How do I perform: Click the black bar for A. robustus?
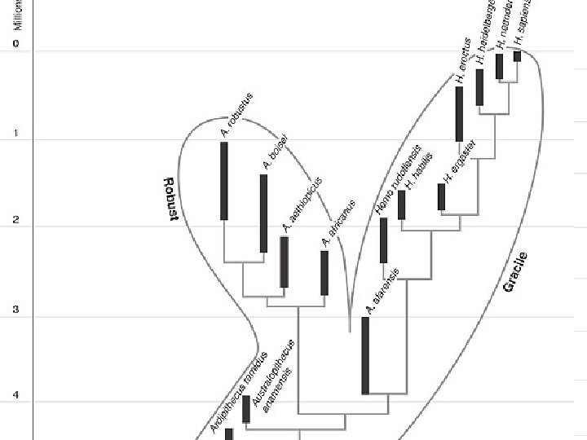pos(224,181)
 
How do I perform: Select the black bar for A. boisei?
pos(263,213)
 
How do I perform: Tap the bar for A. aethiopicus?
pos(285,262)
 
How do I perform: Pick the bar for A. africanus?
pos(324,272)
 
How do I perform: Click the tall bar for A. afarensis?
pos(365,355)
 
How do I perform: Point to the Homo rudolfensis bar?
pos(383,240)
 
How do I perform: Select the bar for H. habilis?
pos(401,205)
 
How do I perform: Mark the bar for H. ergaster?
pos(442,197)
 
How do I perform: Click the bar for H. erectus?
pos(459,113)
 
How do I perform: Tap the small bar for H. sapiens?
pos(517,56)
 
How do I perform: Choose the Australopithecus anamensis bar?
pos(246,409)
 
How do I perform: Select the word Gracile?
pos(515,272)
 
